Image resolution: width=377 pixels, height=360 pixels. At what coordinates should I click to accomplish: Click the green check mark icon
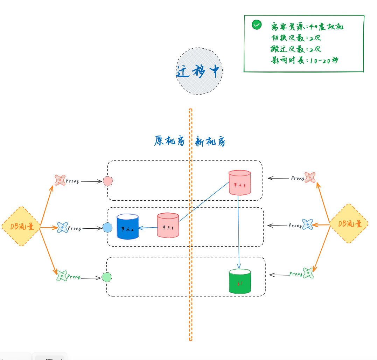click(257, 25)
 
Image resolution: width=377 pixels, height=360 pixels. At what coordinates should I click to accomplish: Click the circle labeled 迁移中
click(199, 71)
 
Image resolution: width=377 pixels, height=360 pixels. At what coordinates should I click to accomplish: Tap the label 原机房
click(169, 141)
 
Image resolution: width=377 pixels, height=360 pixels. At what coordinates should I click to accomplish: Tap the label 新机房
click(210, 141)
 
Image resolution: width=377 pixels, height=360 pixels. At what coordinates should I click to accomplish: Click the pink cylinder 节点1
click(168, 226)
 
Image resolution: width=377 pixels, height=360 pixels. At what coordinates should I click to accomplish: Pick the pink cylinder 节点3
click(240, 183)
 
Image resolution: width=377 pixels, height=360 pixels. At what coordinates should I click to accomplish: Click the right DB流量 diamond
click(349, 223)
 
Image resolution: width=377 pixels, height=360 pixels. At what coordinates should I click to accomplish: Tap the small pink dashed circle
click(108, 181)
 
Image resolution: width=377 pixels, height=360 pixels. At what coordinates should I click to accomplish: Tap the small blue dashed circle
click(107, 228)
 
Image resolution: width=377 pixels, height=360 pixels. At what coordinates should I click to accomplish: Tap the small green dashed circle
click(106, 277)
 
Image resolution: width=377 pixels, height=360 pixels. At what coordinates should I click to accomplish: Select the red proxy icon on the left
click(60, 180)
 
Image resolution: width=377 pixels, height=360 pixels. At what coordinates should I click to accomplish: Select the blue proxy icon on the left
click(62, 228)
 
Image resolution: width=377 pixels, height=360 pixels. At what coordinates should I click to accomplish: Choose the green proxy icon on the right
click(308, 273)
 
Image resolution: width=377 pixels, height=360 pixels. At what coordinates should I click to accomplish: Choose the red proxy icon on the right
click(310, 177)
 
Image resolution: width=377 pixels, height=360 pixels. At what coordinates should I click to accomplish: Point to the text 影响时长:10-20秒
click(305, 60)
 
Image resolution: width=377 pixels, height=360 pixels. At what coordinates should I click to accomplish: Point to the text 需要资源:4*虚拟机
click(307, 27)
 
